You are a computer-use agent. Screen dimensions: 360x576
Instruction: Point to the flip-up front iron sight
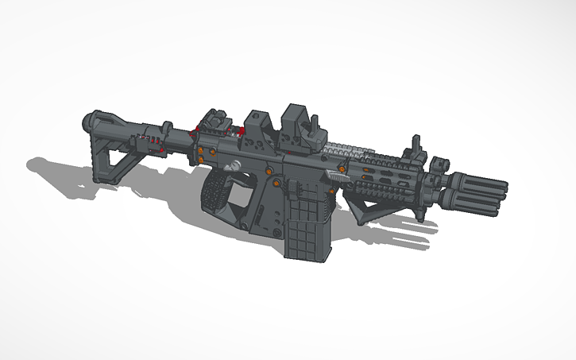[x=414, y=151]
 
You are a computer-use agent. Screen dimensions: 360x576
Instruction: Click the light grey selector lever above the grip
[x=235, y=165]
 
